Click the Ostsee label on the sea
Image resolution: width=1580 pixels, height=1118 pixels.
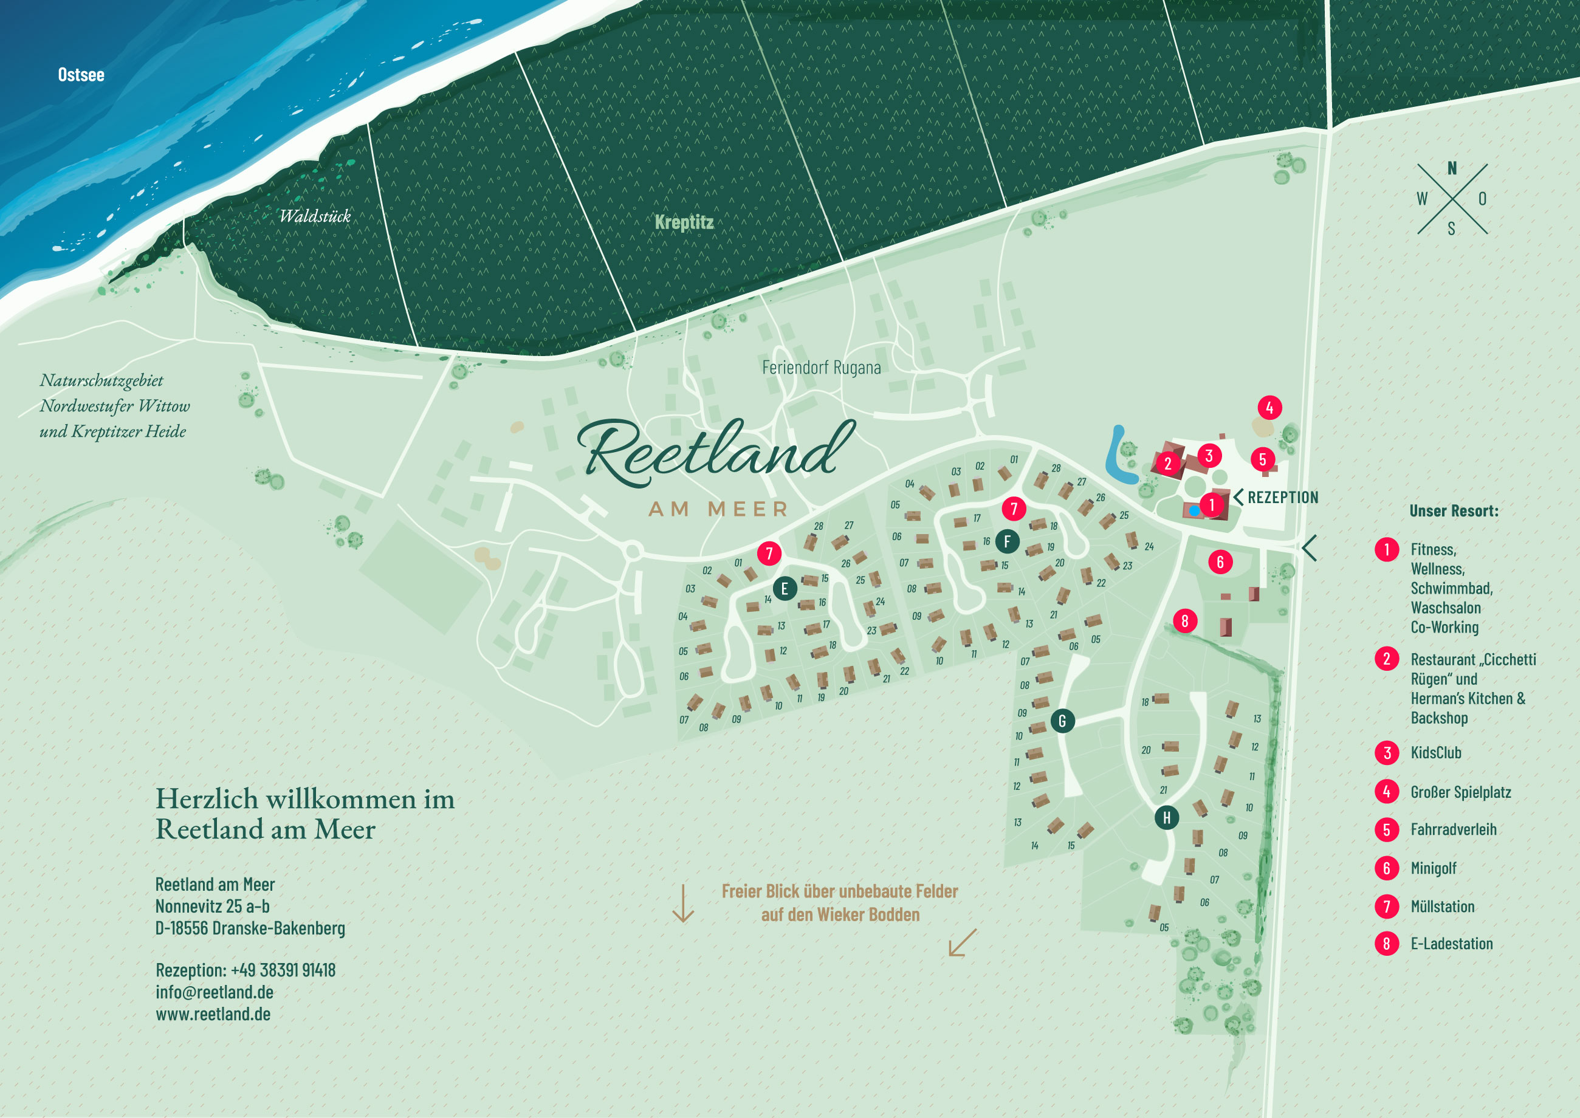(x=81, y=74)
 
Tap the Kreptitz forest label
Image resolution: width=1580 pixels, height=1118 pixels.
(x=684, y=222)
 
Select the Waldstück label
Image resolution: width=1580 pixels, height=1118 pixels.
(x=315, y=216)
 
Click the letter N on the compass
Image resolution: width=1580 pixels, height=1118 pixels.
(x=1452, y=168)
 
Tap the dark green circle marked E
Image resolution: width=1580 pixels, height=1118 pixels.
(x=784, y=589)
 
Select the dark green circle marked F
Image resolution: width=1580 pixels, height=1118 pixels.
(x=1006, y=541)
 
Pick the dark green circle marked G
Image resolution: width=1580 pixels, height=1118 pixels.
(x=1062, y=721)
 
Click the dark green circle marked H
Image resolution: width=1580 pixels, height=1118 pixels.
(x=1166, y=818)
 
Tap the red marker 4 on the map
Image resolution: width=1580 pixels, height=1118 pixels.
(x=1269, y=408)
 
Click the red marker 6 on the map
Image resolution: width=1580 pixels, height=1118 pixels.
(x=1220, y=562)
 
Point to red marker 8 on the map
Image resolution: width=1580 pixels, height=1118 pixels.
(x=1184, y=621)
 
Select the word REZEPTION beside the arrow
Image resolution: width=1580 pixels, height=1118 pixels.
(x=1283, y=497)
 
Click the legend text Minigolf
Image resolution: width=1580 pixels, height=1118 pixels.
(x=1433, y=868)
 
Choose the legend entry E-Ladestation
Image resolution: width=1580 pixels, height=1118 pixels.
(x=1451, y=944)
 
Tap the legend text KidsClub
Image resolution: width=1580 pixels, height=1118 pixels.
(x=1435, y=752)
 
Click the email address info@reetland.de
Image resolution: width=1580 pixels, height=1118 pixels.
(x=214, y=992)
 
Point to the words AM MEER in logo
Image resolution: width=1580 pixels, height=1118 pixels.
(x=718, y=509)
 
